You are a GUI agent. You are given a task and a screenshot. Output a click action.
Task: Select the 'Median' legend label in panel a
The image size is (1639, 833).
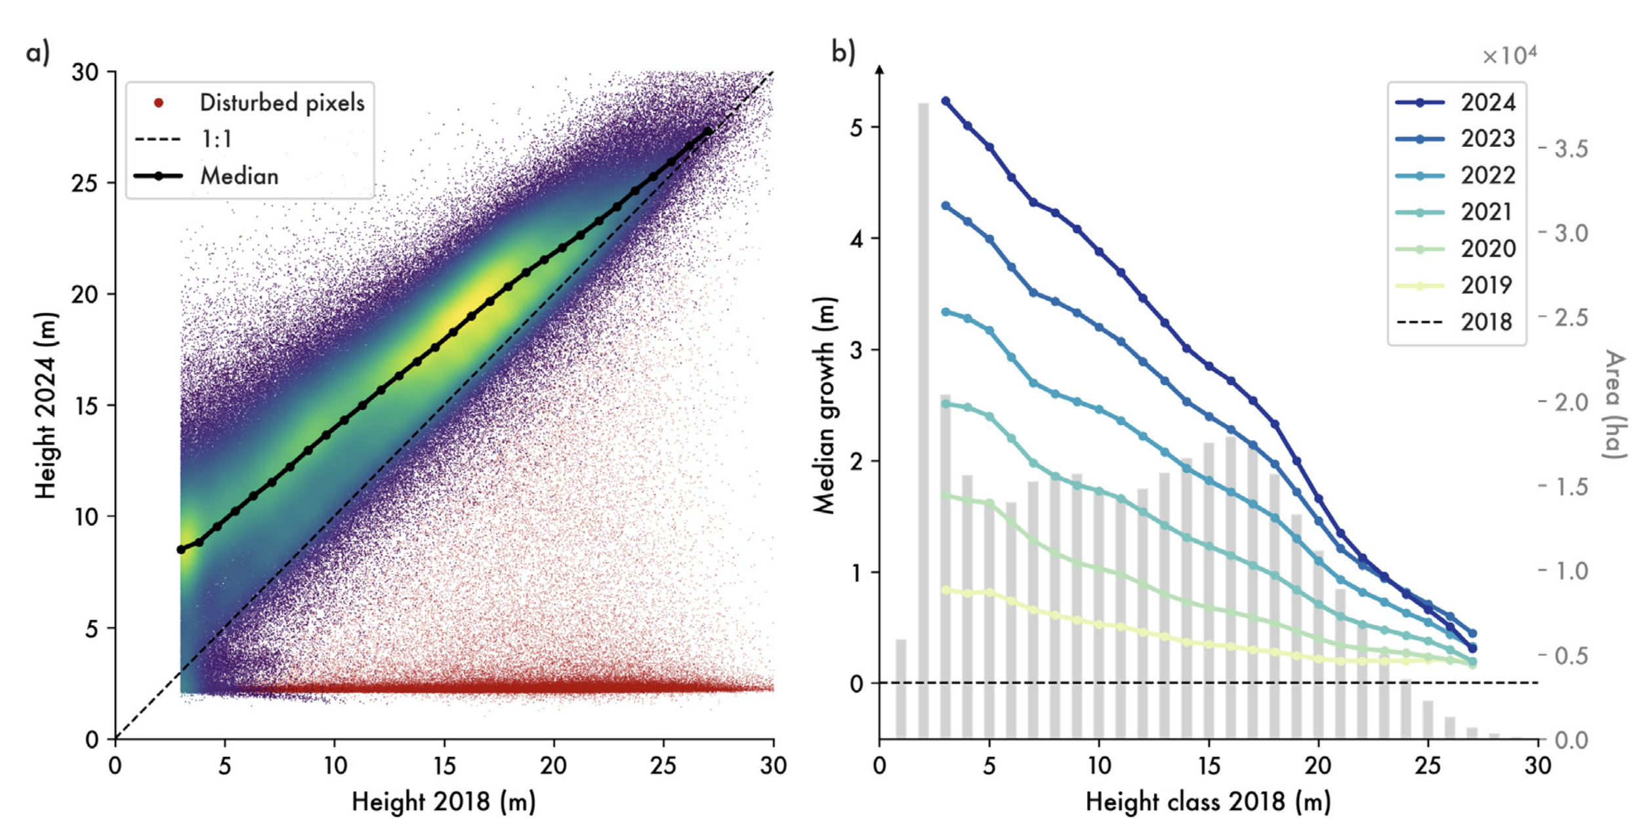(239, 176)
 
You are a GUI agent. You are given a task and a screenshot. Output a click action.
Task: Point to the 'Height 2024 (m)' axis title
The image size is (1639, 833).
(46, 405)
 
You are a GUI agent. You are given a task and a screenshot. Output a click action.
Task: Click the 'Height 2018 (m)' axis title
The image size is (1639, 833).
(444, 802)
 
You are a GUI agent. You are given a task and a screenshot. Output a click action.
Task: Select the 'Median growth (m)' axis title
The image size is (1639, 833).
(824, 405)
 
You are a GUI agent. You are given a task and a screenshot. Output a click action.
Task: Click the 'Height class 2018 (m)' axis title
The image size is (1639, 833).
(1208, 802)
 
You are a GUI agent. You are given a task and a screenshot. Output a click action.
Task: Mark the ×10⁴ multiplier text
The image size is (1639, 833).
(1509, 56)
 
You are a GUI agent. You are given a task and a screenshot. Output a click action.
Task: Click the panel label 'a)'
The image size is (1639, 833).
(38, 52)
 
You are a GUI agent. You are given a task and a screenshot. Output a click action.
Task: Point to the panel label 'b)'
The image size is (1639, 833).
(843, 52)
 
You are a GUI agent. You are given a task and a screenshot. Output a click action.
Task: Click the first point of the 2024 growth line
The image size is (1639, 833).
(945, 101)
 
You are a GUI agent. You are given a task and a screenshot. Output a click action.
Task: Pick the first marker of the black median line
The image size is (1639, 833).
(181, 550)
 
